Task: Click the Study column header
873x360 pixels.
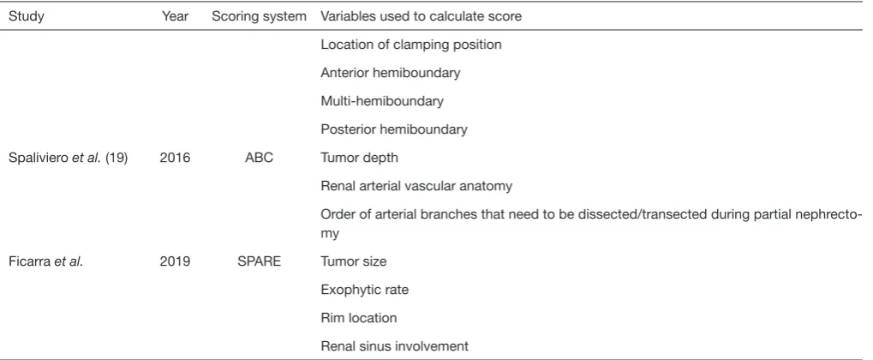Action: tap(27, 16)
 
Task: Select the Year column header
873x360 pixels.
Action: tap(175, 16)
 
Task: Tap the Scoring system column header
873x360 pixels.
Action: tap(259, 16)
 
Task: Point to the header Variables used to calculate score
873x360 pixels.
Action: tap(421, 16)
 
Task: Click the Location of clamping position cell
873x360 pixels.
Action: tap(411, 45)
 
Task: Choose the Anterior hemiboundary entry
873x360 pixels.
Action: tap(391, 73)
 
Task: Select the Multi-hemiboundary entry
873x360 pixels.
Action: tap(382, 101)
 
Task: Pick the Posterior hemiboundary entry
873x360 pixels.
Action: tap(393, 129)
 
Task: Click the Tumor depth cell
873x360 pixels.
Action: tap(359, 158)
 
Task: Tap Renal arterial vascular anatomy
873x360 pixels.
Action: tap(416, 186)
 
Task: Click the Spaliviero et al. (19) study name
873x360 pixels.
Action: tap(68, 158)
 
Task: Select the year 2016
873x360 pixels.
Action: tap(175, 158)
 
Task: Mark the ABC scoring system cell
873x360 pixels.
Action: tap(259, 158)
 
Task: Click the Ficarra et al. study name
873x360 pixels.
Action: tap(45, 261)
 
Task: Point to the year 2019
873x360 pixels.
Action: tap(175, 261)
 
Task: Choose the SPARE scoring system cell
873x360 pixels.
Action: tap(259, 261)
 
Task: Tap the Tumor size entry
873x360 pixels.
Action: tap(354, 261)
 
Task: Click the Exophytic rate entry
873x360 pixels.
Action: tap(365, 290)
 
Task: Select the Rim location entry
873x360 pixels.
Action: tap(359, 318)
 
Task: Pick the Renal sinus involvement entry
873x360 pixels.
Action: tap(394, 346)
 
